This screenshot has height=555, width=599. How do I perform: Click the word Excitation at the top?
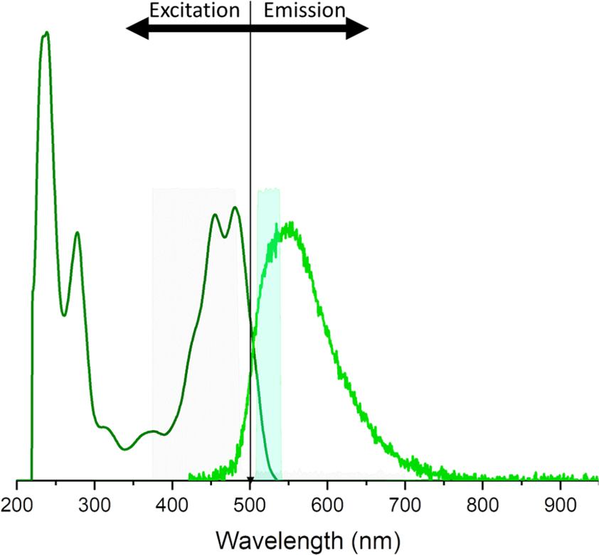coord(194,11)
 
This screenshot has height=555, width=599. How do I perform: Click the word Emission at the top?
coord(304,11)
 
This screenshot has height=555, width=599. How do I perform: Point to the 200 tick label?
coord(16,506)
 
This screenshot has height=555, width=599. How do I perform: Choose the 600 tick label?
coord(327,506)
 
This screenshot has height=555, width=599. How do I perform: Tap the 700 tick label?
coord(405,506)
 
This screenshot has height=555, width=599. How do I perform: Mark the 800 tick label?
coord(483,506)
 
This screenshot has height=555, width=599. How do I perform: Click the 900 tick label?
coord(561,506)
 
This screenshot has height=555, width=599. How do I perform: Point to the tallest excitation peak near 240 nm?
coord(46,33)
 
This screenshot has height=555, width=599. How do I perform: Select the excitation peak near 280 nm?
coord(77,232)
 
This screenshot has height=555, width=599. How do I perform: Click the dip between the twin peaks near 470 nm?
coord(225,237)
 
